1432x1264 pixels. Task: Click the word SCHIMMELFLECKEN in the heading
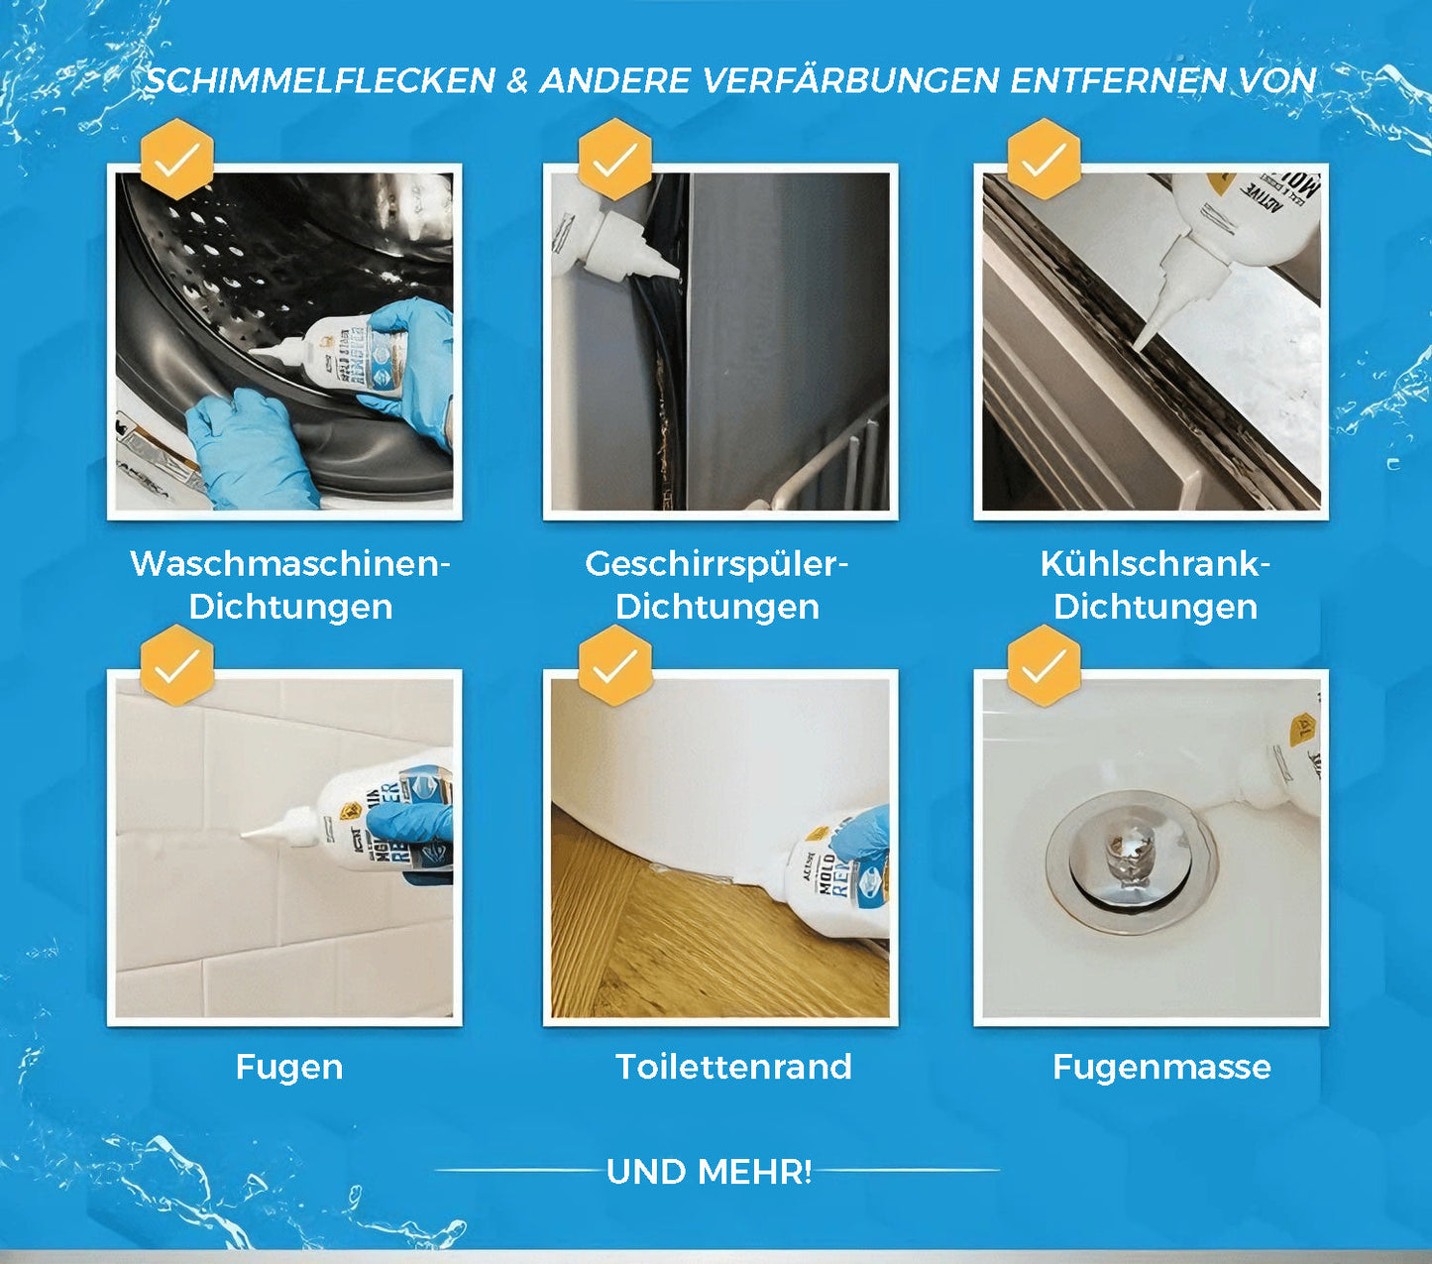[320, 80]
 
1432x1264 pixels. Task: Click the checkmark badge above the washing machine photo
[177, 159]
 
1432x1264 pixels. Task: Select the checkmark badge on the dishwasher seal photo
[614, 159]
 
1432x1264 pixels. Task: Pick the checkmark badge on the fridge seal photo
[1044, 159]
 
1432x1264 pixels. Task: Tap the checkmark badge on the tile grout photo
[177, 665]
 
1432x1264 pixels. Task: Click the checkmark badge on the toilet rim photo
[614, 665]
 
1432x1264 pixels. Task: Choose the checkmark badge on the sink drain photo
[1044, 665]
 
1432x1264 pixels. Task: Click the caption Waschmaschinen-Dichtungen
[290, 585]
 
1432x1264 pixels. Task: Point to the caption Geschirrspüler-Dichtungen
[717, 585]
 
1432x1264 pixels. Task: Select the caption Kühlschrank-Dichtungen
[1156, 585]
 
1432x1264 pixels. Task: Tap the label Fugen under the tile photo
[289, 1067]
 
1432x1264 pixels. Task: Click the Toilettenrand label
[733, 1067]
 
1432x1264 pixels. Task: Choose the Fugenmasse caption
[1161, 1067]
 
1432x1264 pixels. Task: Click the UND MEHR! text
[710, 1171]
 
